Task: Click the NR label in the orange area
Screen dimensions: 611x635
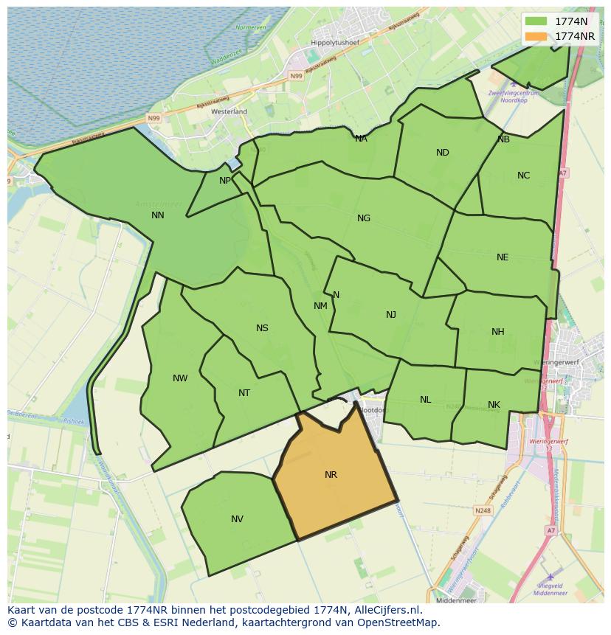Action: click(x=331, y=475)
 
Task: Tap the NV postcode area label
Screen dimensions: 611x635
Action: click(x=237, y=519)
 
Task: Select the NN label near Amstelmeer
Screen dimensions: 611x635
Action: click(x=157, y=215)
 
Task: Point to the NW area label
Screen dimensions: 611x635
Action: click(x=180, y=378)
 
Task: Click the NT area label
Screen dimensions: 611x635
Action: click(x=244, y=393)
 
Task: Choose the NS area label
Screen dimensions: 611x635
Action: click(x=262, y=328)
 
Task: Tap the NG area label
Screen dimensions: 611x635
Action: click(x=363, y=218)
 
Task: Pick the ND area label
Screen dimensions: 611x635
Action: click(x=442, y=153)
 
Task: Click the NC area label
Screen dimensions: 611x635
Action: click(x=523, y=176)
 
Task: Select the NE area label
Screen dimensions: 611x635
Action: click(x=503, y=257)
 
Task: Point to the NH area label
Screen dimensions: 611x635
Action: click(x=498, y=332)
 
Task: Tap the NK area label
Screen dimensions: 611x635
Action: click(x=494, y=405)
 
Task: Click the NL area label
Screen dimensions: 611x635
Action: click(x=425, y=400)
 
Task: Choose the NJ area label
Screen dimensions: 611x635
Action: click(x=391, y=315)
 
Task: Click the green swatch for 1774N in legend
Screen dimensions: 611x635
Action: click(x=536, y=21)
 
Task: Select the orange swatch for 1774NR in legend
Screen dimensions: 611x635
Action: click(x=536, y=36)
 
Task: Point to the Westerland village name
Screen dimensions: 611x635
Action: click(x=229, y=111)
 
